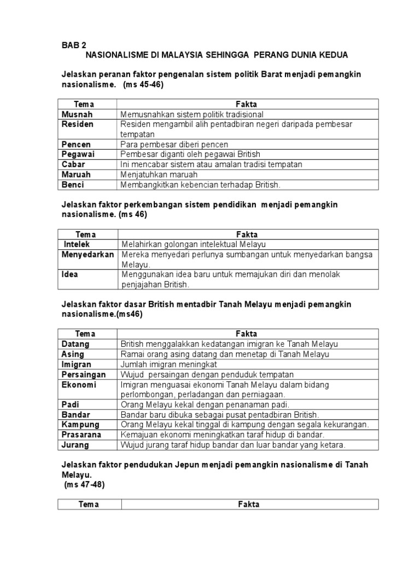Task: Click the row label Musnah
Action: coord(77,115)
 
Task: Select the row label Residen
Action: coord(78,124)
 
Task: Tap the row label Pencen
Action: coord(76,145)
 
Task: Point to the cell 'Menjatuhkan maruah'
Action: coord(159,175)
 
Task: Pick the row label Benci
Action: coord(73,185)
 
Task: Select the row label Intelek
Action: coord(77,244)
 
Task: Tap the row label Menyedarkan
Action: coord(87,255)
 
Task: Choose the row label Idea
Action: coord(70,274)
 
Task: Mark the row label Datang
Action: coord(75,344)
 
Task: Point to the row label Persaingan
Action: coord(83,375)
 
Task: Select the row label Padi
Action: coord(71,404)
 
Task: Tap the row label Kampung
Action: coord(80,425)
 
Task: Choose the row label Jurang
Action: coord(75,445)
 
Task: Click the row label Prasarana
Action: coord(82,435)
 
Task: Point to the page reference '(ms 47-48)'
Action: coord(84,485)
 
